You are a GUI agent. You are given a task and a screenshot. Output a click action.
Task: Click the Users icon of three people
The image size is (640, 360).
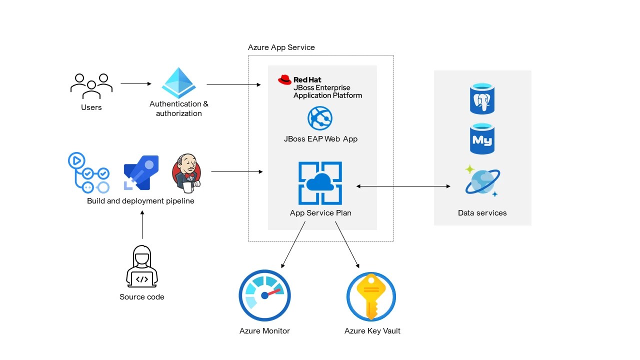pyautogui.click(x=91, y=86)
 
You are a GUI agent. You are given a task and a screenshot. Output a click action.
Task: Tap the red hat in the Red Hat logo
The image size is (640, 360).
pyautogui.click(x=285, y=79)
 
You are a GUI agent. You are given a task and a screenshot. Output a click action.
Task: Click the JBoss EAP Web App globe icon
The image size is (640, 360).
pyautogui.click(x=320, y=118)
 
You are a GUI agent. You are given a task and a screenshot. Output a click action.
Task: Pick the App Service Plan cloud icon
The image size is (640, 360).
pyautogui.click(x=320, y=183)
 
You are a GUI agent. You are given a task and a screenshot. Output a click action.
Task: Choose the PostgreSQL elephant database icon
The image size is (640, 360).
pyautogui.click(x=482, y=99)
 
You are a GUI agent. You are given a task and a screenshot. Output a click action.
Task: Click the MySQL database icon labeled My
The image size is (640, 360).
pyautogui.click(x=482, y=139)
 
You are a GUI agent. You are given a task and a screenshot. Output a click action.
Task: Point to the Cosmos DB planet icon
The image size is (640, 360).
pyautogui.click(x=482, y=181)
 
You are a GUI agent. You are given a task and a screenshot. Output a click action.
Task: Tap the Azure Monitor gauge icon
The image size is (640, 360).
pyautogui.click(x=264, y=295)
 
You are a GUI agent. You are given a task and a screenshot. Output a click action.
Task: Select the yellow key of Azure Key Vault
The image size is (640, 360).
pyautogui.click(x=371, y=295)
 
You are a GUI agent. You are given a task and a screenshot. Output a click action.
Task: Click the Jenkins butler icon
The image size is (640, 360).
pyautogui.click(x=186, y=173)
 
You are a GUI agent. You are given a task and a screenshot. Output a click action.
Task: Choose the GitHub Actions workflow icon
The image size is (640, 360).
pyautogui.click(x=88, y=173)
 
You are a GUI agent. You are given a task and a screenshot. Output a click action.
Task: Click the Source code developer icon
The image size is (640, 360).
pyautogui.click(x=142, y=266)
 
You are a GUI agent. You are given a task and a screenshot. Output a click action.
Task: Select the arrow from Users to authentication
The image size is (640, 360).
pyautogui.click(x=135, y=84)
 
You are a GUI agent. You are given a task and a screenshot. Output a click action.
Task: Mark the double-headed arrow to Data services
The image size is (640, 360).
pyautogui.click(x=403, y=186)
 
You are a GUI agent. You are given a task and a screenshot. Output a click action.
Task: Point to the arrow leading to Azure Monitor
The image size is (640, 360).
pyautogui.click(x=293, y=245)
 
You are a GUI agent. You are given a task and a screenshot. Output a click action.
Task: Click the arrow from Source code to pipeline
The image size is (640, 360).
pyautogui.click(x=142, y=225)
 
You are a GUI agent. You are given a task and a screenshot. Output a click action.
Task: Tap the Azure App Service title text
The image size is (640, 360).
pyautogui.click(x=281, y=47)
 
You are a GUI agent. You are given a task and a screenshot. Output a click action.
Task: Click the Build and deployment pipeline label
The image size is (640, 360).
pyautogui.click(x=140, y=201)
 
